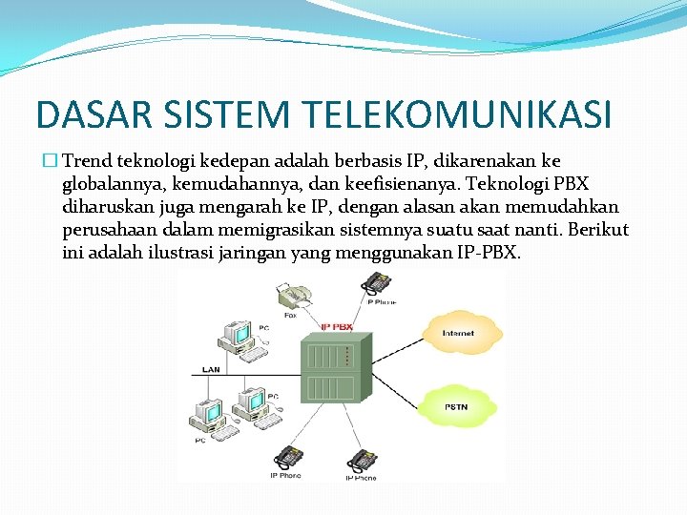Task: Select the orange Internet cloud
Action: (457, 333)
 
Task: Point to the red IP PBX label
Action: (336, 327)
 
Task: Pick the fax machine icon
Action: (290, 295)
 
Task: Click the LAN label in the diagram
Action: (211, 369)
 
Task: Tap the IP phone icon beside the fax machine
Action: (377, 284)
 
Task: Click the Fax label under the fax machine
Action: (289, 314)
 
